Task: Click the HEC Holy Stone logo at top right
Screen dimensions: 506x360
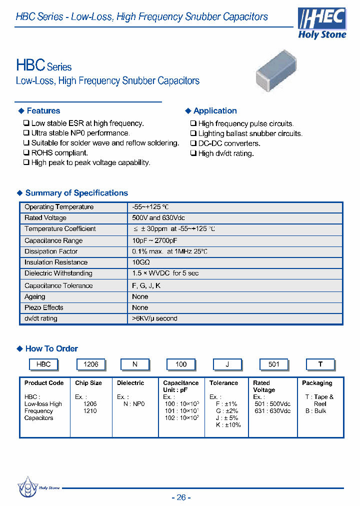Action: [x=321, y=23]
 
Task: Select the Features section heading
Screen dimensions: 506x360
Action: [x=43, y=111]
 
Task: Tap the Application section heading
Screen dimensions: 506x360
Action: [x=215, y=111]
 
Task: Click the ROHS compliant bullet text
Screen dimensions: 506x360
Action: [x=59, y=153]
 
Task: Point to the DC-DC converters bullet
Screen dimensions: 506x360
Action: [x=229, y=143]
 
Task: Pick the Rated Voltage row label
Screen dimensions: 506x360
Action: [x=45, y=218]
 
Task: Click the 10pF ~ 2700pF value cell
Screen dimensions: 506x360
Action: [x=155, y=240]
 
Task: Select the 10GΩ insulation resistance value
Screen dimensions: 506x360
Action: [x=141, y=262]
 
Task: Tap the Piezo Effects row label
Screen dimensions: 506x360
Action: [x=44, y=307]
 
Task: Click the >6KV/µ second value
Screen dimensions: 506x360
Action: [x=154, y=318]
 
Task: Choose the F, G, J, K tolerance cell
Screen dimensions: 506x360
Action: [x=146, y=285]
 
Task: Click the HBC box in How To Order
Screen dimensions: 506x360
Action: [x=43, y=364]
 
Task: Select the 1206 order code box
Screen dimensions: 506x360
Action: [x=90, y=364]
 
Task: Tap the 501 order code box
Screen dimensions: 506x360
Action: [x=273, y=364]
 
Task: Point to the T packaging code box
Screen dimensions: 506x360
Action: [x=320, y=364]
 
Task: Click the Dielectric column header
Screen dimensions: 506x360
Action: [x=130, y=383]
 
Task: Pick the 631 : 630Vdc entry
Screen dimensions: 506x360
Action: [x=272, y=411]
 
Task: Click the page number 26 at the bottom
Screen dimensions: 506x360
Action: [x=181, y=497]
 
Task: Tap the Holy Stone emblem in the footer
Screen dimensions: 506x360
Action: [x=27, y=487]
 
